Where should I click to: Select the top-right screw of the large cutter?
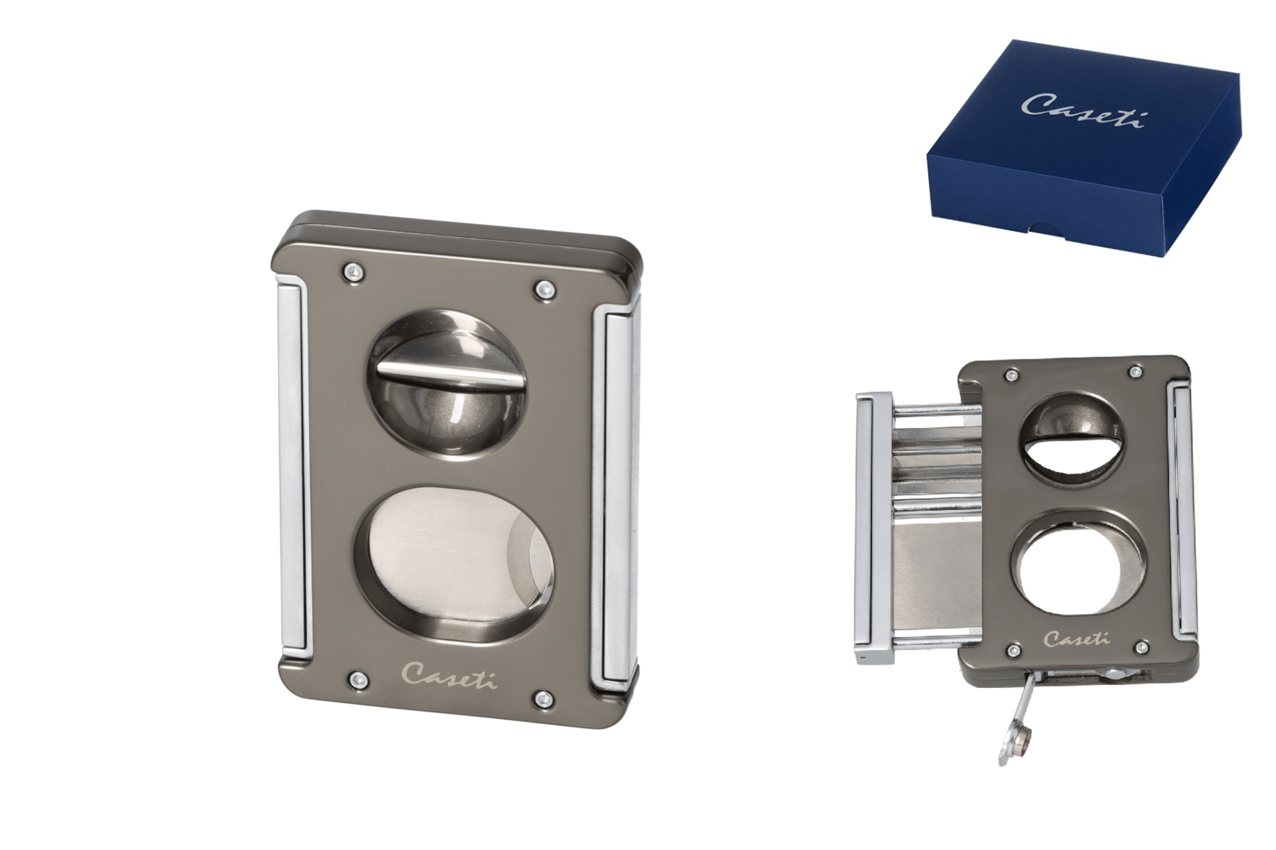(x=544, y=288)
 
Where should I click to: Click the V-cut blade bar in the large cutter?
(x=449, y=375)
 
